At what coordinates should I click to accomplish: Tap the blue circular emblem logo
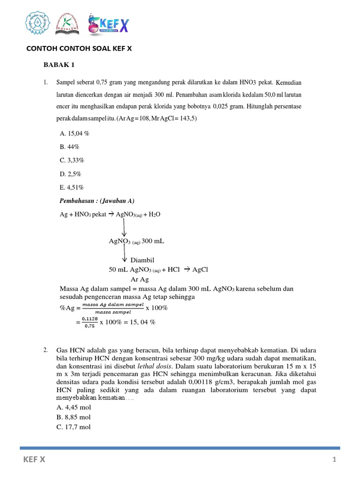[x=37, y=23]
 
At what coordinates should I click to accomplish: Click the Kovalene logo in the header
[x=67, y=24]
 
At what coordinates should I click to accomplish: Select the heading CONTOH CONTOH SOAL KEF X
[x=78, y=48]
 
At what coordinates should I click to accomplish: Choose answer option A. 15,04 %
[x=75, y=134]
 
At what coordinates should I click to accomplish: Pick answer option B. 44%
[x=70, y=147]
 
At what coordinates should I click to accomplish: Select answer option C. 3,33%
[x=72, y=160]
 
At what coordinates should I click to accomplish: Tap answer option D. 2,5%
[x=71, y=174]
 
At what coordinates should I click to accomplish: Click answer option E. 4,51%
[x=72, y=187]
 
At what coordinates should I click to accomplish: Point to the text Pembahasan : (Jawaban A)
[x=97, y=201]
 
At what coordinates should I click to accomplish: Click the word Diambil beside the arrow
[x=142, y=260]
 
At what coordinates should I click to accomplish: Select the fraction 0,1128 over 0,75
[x=89, y=322]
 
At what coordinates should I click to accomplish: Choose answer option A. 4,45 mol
[x=74, y=407]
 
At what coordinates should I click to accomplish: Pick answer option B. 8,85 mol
[x=74, y=417]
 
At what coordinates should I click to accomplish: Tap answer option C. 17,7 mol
[x=74, y=427]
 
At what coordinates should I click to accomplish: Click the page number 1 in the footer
[x=335, y=460]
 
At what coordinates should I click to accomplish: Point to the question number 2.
[x=45, y=350]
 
